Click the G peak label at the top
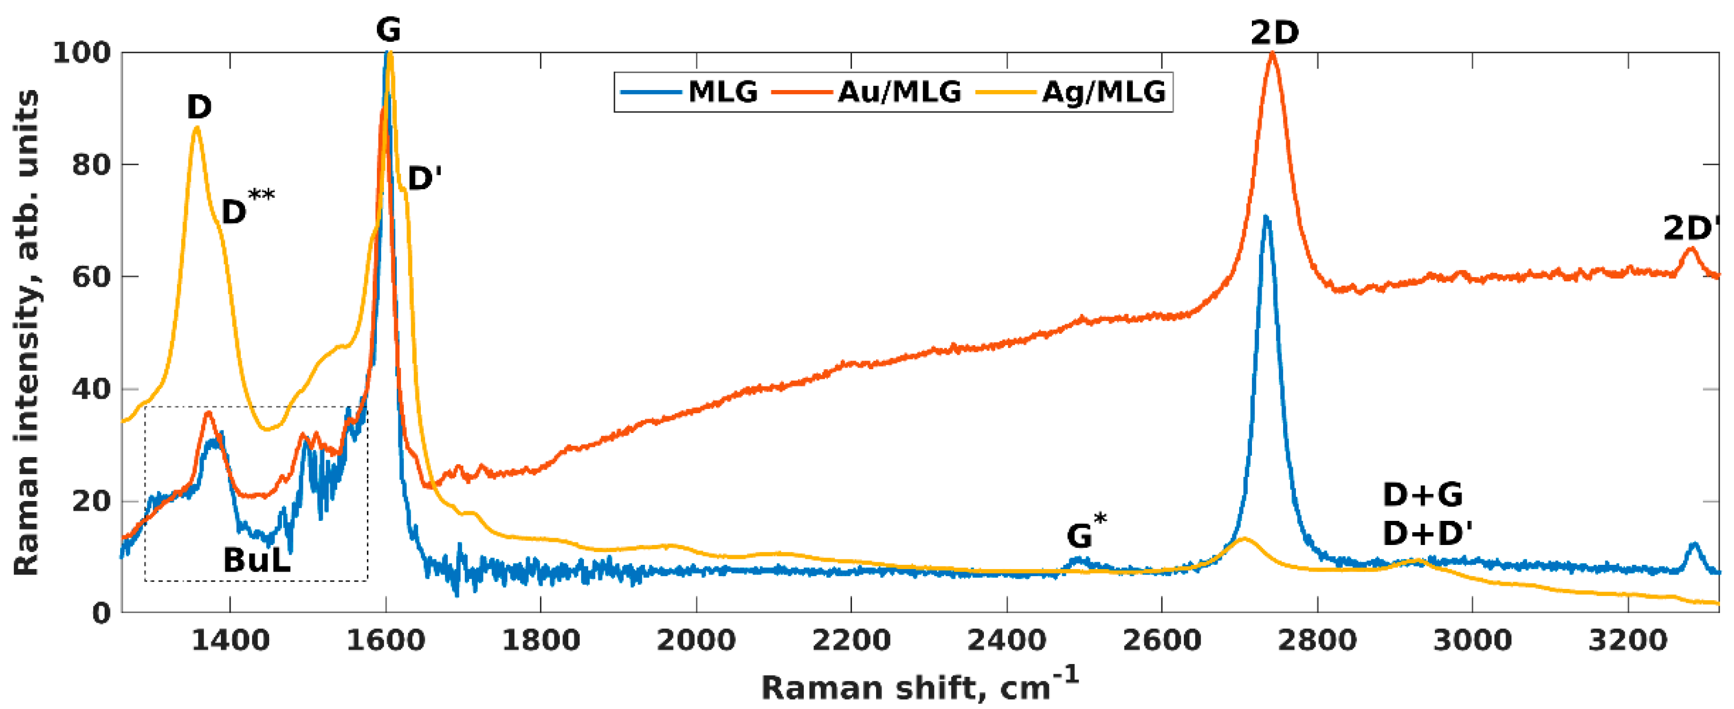388,30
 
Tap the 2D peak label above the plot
1274,32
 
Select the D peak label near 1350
199,107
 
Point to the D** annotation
246,208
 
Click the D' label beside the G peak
425,179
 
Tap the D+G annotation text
1422,496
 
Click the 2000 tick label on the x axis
696,640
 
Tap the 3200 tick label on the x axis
1628,640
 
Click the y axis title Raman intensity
27,333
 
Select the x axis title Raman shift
919,686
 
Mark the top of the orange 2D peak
1272,53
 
